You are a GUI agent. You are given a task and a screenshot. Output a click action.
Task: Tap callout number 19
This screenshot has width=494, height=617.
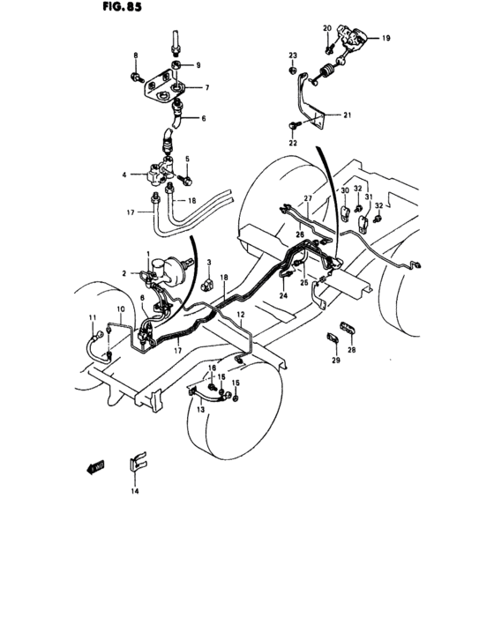tap(385, 38)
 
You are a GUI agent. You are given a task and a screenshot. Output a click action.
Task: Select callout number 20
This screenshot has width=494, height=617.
tap(327, 28)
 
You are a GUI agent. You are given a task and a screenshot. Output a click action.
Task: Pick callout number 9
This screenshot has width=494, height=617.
tap(198, 65)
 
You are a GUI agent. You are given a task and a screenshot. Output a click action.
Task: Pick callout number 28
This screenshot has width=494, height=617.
tap(360, 351)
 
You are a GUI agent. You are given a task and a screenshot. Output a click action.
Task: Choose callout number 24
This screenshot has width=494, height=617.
tap(285, 295)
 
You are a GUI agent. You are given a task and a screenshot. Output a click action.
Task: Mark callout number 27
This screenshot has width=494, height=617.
tap(309, 198)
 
